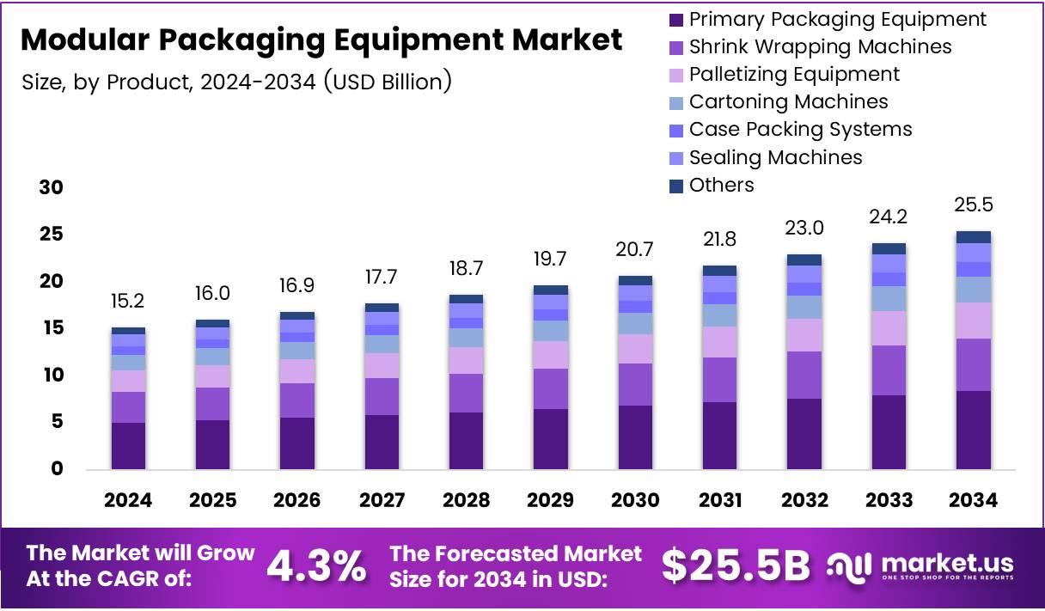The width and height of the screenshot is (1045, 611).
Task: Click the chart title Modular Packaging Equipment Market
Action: coord(321,40)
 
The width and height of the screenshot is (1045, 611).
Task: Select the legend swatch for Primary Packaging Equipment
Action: coord(676,19)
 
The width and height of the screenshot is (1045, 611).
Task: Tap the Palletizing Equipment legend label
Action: coord(794,74)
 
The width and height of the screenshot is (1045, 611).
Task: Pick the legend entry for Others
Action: coord(721,185)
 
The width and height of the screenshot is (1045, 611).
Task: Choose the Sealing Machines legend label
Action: coord(775,157)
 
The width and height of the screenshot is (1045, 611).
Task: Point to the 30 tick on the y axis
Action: coord(51,187)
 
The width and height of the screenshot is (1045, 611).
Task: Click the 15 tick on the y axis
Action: coord(51,328)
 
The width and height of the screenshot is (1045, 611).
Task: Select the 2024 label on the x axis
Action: coord(128,500)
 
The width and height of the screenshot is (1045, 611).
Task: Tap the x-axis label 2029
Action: coord(550,500)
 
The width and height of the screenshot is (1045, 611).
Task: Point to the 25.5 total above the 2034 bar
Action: coord(973,206)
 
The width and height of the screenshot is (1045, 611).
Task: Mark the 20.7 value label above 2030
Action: coord(635,250)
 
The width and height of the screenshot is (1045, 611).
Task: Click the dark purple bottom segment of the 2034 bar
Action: coord(973,430)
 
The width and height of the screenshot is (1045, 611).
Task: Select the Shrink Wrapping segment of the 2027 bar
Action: coord(382,396)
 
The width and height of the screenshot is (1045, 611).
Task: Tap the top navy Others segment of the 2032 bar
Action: coord(804,260)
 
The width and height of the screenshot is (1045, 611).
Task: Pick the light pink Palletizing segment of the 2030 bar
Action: coord(635,349)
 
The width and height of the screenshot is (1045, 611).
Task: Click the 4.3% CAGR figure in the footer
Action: coord(316,565)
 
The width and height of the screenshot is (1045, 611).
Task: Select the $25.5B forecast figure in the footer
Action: coord(736,565)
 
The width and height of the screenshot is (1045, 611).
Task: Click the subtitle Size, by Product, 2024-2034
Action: coord(236,82)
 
